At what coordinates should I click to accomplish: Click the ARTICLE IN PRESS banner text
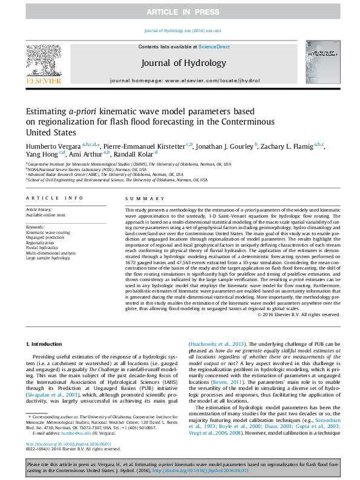(180, 11)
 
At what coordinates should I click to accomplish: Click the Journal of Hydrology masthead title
(183, 63)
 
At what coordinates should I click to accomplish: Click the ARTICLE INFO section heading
(54, 198)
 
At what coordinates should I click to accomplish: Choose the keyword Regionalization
(40, 242)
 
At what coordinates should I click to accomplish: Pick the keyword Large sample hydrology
(49, 258)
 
